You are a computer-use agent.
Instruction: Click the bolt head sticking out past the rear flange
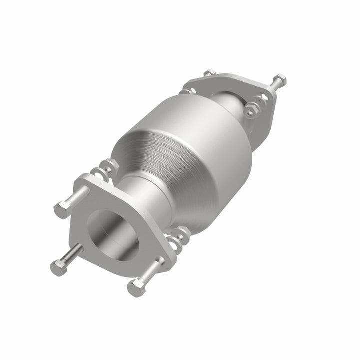[x=280, y=80]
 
